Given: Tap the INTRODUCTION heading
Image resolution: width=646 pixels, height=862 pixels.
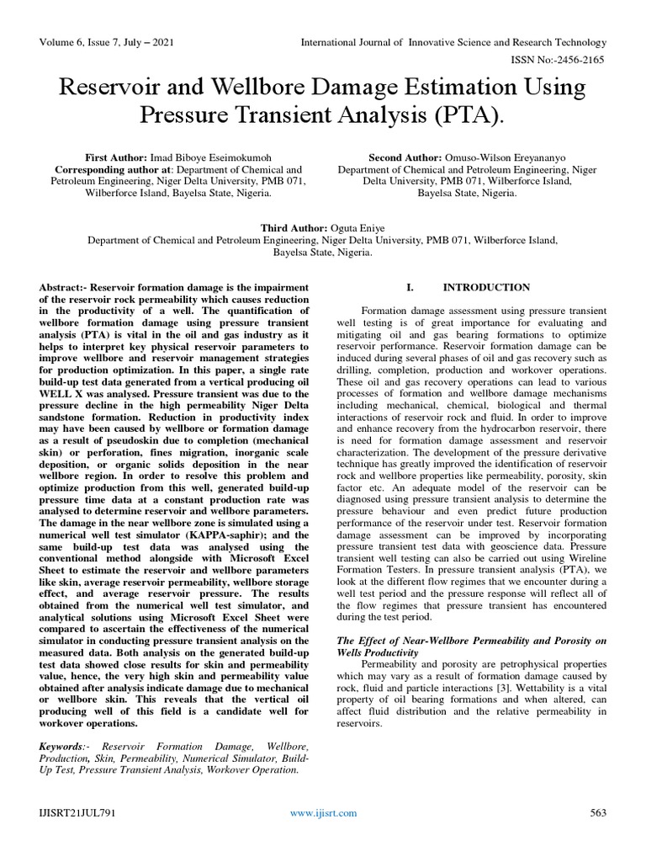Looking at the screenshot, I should point(487,288).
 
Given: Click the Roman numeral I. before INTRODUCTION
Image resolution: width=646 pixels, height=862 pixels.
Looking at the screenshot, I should point(410,288).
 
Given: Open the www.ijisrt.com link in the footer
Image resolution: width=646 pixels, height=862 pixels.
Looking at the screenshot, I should point(323,813).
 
